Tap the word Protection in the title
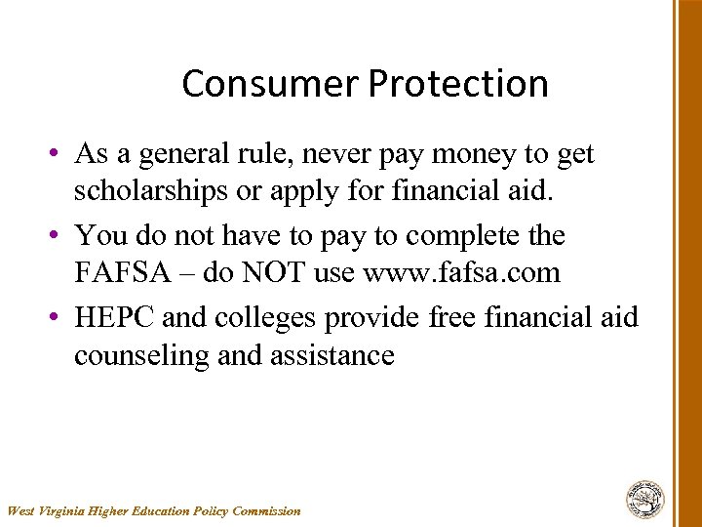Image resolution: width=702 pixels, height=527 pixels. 457,84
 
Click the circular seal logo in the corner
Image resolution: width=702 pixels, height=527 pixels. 644,499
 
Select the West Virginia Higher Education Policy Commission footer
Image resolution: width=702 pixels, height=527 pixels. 154,510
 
